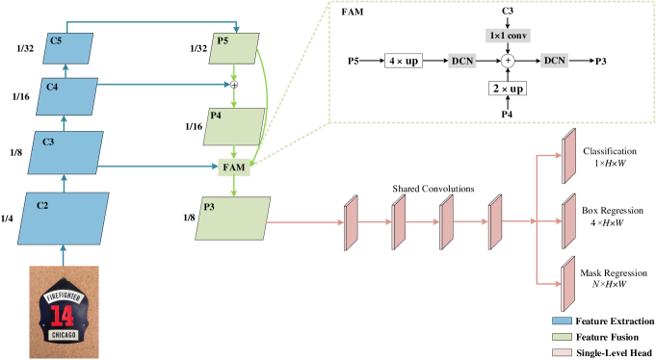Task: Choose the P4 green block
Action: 234,126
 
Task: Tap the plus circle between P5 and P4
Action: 233,85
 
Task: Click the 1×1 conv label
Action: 508,36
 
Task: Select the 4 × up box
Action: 404,61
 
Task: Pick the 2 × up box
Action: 508,88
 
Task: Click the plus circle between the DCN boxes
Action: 508,61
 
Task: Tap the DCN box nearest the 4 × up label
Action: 462,61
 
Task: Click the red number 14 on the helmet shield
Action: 64,315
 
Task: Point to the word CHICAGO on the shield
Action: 64,336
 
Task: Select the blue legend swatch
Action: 562,321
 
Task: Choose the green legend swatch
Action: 562,337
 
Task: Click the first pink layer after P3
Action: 351,221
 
